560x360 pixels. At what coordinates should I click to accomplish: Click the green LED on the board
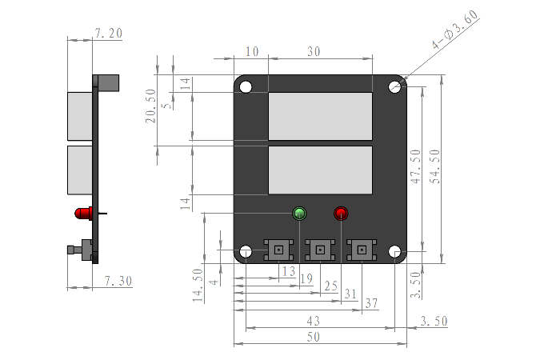tap(300, 214)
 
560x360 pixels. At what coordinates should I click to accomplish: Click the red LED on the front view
tap(342, 214)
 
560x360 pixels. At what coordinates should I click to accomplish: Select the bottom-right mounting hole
tap(395, 253)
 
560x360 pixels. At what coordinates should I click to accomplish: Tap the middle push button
tap(320, 250)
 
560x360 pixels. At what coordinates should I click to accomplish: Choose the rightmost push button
tap(362, 250)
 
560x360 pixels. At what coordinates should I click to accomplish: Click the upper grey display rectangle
tap(320, 116)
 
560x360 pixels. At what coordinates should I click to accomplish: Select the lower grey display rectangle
tap(320, 170)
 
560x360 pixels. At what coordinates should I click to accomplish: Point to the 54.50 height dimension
tap(435, 166)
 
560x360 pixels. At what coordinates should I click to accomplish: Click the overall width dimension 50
tap(314, 338)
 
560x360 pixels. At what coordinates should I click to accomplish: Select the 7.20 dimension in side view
tap(108, 33)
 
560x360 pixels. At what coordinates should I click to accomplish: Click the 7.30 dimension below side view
tap(118, 281)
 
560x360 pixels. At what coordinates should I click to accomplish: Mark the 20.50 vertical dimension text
tap(150, 105)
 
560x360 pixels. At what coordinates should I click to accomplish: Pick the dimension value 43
tap(314, 320)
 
